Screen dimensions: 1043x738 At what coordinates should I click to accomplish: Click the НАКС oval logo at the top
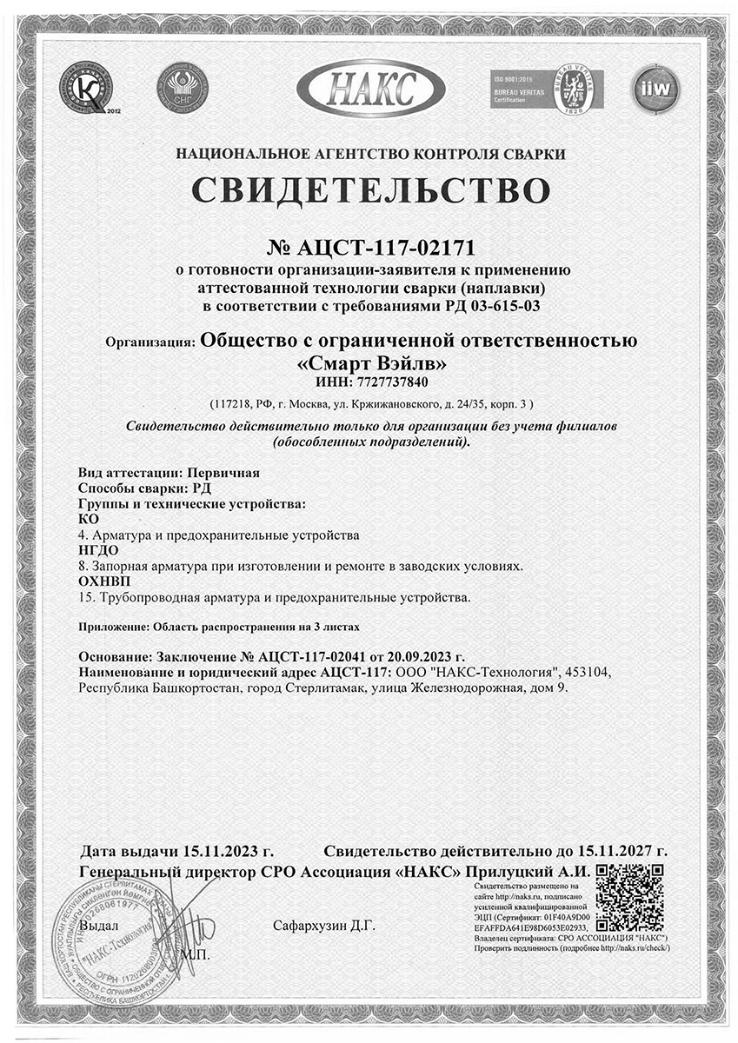pos(370,88)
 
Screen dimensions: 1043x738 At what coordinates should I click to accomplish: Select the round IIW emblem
pos(655,88)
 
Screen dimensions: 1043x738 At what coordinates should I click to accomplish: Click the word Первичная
pos(223,474)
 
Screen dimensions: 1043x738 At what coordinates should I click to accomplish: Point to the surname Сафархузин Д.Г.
pos(323,927)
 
